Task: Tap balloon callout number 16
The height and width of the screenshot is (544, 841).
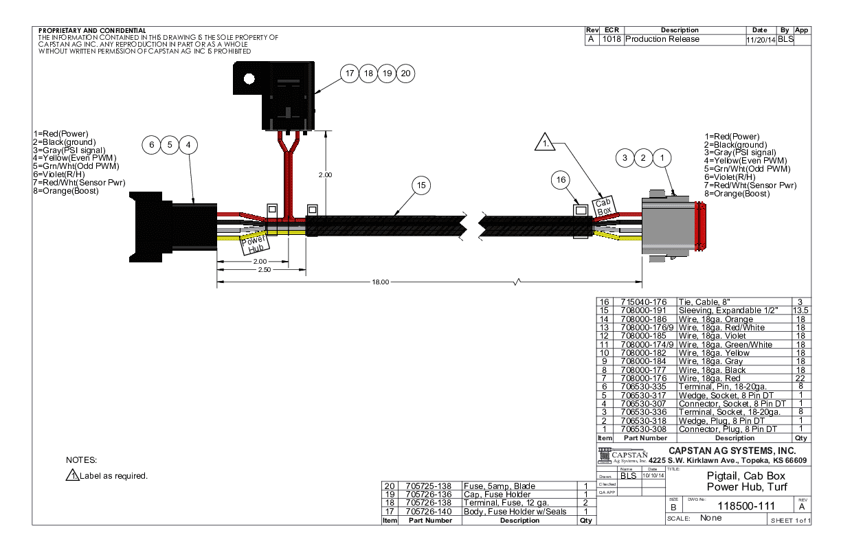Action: [562, 179]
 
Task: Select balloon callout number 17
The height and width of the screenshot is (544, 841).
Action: [350, 73]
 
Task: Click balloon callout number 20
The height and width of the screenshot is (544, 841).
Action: [405, 73]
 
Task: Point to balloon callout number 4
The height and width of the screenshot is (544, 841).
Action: [188, 145]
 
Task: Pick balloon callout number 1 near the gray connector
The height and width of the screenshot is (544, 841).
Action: [662, 158]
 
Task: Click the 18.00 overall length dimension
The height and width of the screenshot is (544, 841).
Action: [381, 282]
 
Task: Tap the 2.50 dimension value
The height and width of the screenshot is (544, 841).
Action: [263, 270]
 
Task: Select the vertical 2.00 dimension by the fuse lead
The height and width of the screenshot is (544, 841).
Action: [325, 175]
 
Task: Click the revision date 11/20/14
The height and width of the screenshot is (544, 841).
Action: [760, 40]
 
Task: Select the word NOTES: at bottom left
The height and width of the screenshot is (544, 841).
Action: [82, 459]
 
